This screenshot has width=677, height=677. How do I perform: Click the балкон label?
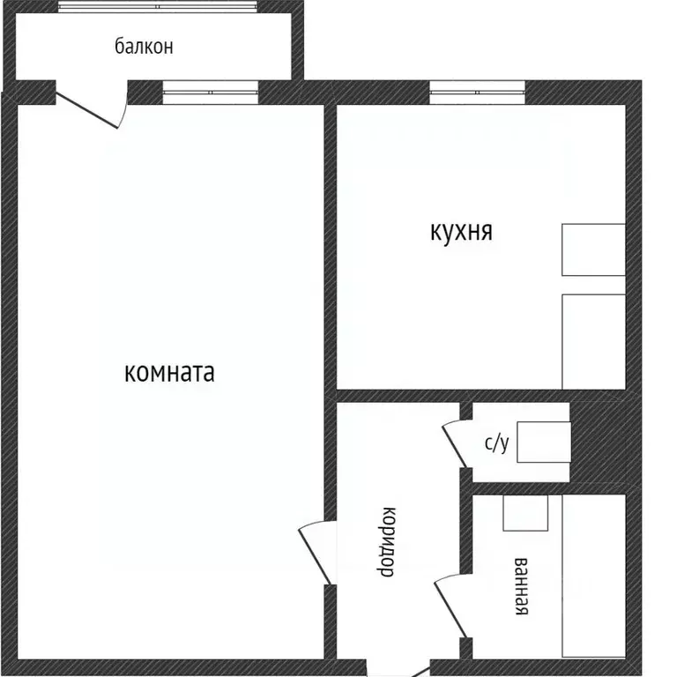tap(144, 46)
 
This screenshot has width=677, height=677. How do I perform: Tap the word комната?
tap(170, 372)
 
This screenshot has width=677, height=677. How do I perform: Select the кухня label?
tap(461, 232)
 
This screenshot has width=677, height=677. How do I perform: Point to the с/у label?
tap(496, 443)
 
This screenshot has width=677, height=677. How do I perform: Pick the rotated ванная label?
tap(521, 586)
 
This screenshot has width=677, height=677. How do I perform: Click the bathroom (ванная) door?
tap(450, 604)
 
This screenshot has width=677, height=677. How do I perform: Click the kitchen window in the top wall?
tap(477, 93)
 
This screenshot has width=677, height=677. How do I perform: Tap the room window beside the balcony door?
tap(210, 93)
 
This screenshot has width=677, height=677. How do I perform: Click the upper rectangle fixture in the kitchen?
tap(593, 249)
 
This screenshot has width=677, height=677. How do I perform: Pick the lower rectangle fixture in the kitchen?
tap(593, 341)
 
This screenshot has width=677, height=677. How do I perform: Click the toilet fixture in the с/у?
tap(543, 442)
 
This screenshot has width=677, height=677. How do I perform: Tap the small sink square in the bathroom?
tap(525, 512)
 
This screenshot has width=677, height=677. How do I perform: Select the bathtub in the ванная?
tap(593, 576)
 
